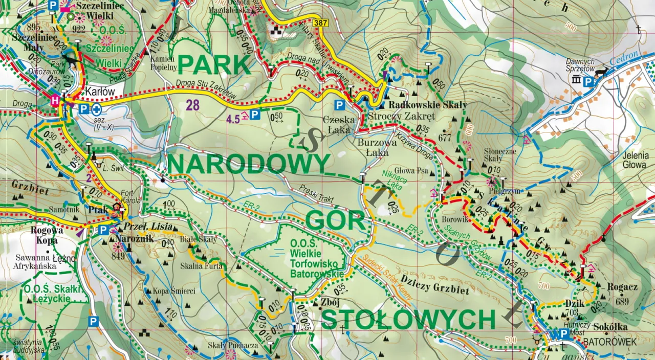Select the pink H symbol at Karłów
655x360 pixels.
point(54,101)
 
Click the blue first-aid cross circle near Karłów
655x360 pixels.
point(96,108)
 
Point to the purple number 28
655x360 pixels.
point(192,106)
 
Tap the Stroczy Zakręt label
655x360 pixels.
point(401,116)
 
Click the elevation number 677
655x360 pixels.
point(445,137)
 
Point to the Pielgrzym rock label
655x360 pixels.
point(500,190)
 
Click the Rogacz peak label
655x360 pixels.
point(622,287)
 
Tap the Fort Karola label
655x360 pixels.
point(130,197)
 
